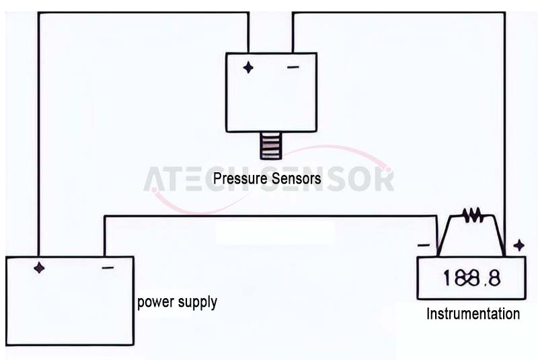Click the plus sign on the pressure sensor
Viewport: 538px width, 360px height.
click(x=248, y=67)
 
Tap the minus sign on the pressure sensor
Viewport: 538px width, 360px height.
click(x=293, y=67)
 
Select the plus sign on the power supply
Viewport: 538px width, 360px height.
click(x=40, y=267)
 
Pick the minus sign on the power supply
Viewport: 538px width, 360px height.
click(x=108, y=268)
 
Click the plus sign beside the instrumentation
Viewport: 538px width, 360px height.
click(x=518, y=245)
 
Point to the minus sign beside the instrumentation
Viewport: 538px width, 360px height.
click(x=423, y=245)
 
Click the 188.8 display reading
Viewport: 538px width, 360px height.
click(x=471, y=278)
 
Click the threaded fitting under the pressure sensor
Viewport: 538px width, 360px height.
click(x=270, y=146)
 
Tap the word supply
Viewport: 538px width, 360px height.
click(x=198, y=303)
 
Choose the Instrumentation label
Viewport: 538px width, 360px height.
click(x=473, y=314)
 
